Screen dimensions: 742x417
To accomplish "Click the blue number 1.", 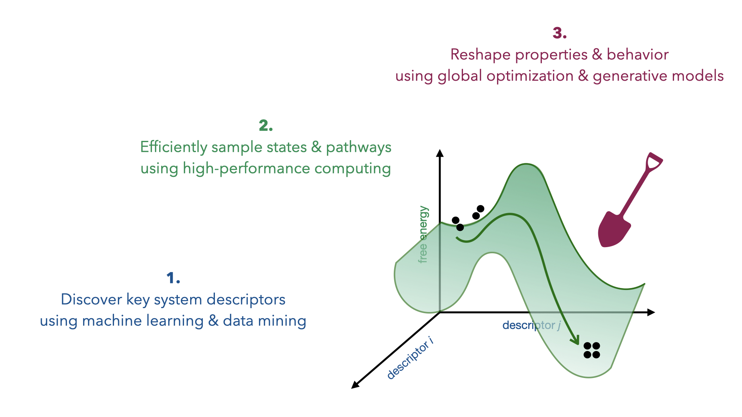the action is tap(173, 278).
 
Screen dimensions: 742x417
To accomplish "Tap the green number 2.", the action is tap(266, 125).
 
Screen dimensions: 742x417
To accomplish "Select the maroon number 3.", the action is tap(560, 33).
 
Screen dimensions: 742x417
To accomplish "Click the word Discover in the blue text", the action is tap(91, 299).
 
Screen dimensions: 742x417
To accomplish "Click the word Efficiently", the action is tap(174, 147).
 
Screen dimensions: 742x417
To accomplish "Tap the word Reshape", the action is tap(480, 55).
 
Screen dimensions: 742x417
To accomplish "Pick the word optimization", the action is tap(530, 76).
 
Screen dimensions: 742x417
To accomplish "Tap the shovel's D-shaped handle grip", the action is tap(654, 162).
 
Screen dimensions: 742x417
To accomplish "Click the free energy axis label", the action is tap(423, 234).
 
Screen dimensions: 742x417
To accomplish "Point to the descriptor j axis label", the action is tap(531, 325).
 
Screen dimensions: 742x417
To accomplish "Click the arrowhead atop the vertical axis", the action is tap(439, 153).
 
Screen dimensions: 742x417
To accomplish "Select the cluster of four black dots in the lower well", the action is tap(592, 350).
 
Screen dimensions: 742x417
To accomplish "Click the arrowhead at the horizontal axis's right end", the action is tap(651, 312).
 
